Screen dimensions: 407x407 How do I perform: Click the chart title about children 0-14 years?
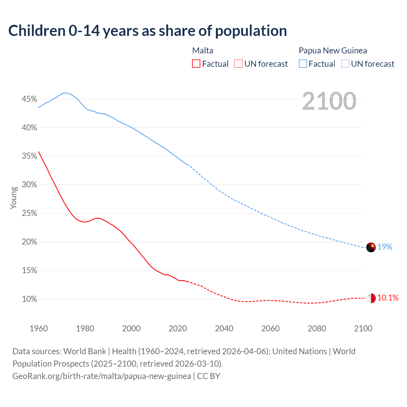(148, 31)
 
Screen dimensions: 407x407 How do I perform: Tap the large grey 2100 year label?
(329, 101)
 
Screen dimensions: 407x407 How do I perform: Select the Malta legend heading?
(203, 51)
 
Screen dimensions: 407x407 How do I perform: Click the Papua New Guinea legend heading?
(333, 51)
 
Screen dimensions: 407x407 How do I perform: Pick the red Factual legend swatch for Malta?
(196, 64)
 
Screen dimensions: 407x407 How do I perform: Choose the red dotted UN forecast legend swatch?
(238, 64)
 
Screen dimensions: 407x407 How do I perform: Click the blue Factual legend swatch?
(303, 64)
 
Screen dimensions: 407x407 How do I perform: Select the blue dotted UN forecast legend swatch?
(345, 64)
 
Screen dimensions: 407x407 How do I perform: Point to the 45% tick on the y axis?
(29, 99)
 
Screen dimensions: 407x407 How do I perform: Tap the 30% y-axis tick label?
(29, 185)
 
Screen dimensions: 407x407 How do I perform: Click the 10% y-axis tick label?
(29, 299)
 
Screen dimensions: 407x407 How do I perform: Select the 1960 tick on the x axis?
(38, 328)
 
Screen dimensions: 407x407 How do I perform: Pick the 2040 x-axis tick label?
(224, 328)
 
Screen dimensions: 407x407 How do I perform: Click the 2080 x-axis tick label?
(317, 328)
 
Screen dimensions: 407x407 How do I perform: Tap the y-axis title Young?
(13, 198)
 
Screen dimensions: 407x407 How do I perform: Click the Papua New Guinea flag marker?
(371, 247)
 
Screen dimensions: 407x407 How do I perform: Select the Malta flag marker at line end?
(371, 298)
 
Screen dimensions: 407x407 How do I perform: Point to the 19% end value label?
(385, 247)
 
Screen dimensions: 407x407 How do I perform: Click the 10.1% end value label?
(388, 298)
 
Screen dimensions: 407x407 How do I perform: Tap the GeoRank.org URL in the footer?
(102, 376)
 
